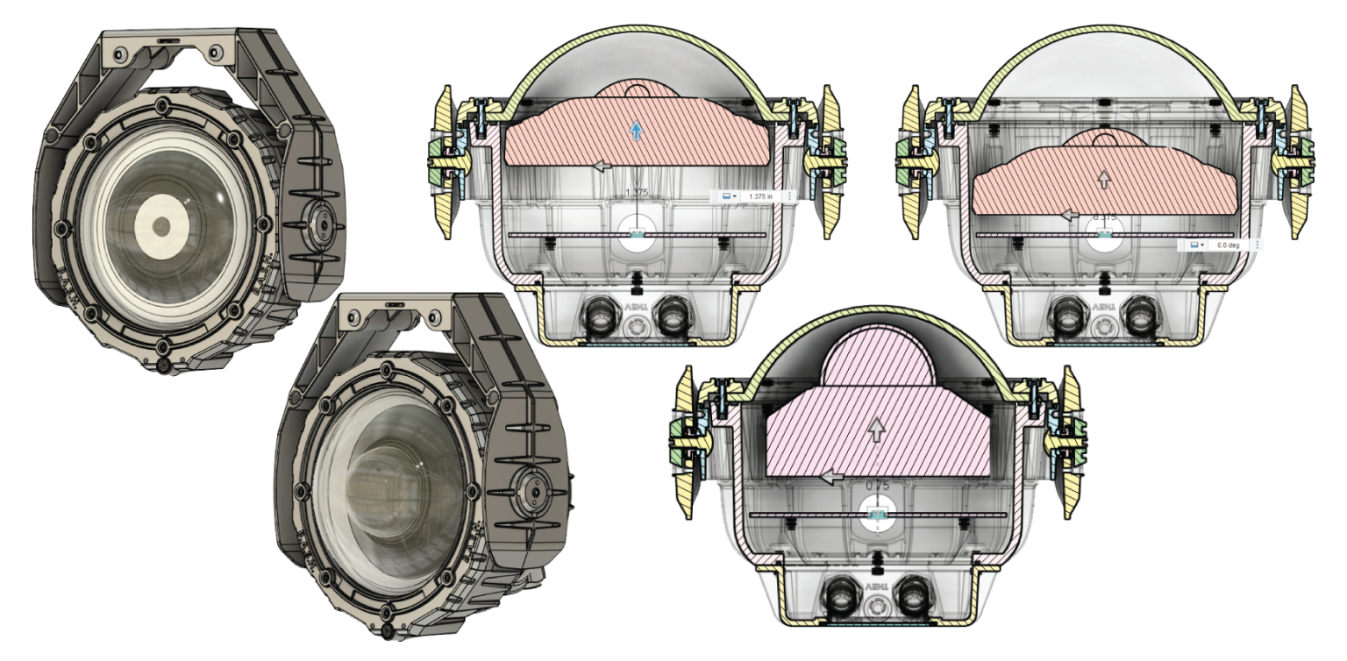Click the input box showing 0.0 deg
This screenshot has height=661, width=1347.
pos(1227,245)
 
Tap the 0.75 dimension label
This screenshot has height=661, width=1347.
pos(876,486)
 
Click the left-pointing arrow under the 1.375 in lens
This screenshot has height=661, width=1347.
pos(602,164)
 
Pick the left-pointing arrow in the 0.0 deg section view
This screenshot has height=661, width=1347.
pos(1067,214)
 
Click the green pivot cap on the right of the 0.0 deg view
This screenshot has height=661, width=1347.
pos(1286,159)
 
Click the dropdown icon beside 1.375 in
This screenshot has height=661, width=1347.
pos(728,196)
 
